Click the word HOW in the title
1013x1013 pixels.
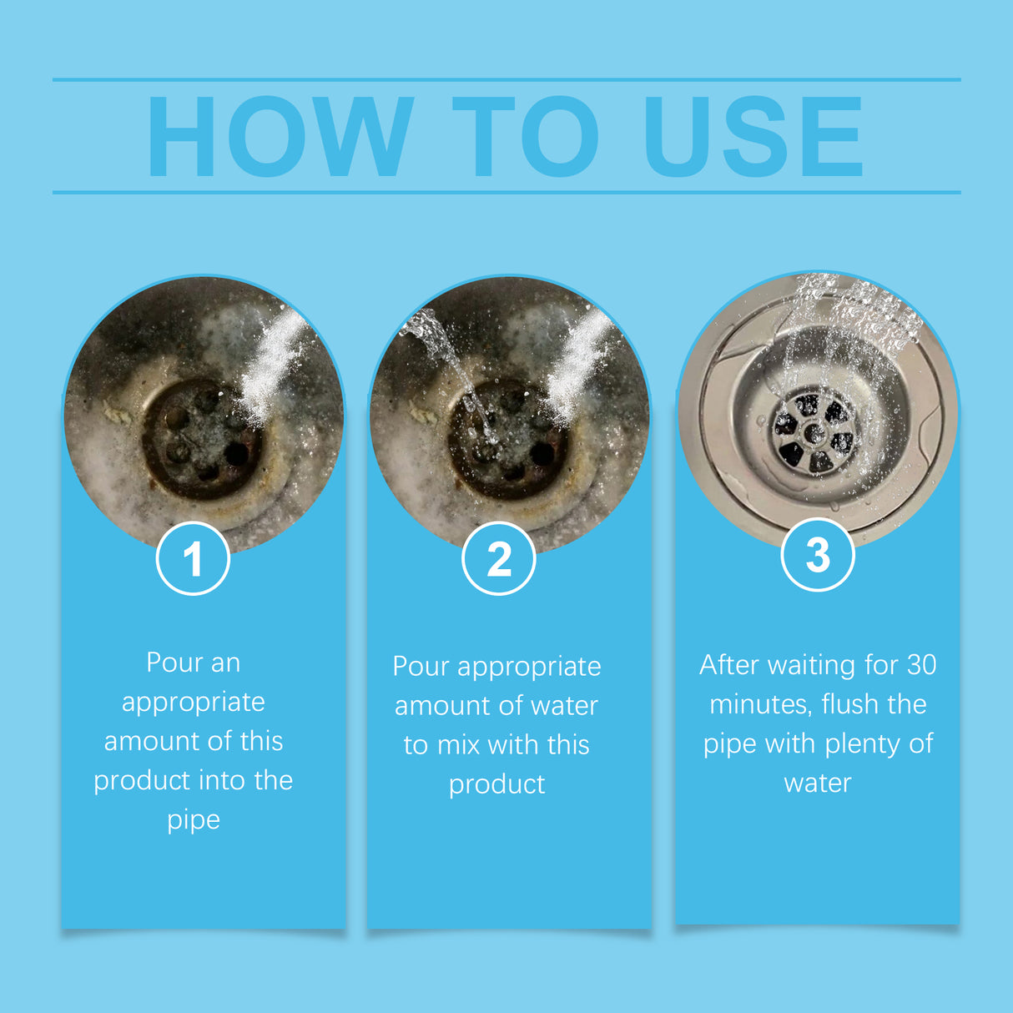280,138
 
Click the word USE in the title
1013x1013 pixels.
753,138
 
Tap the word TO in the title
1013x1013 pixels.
526,138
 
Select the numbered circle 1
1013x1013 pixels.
193,558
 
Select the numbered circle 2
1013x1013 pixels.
498,558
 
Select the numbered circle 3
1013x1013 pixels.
818,555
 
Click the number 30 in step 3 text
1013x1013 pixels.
921,665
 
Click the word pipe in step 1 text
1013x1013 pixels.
194,820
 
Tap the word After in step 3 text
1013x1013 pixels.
729,665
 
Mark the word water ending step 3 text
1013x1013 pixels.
818,784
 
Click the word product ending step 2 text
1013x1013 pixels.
497,785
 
